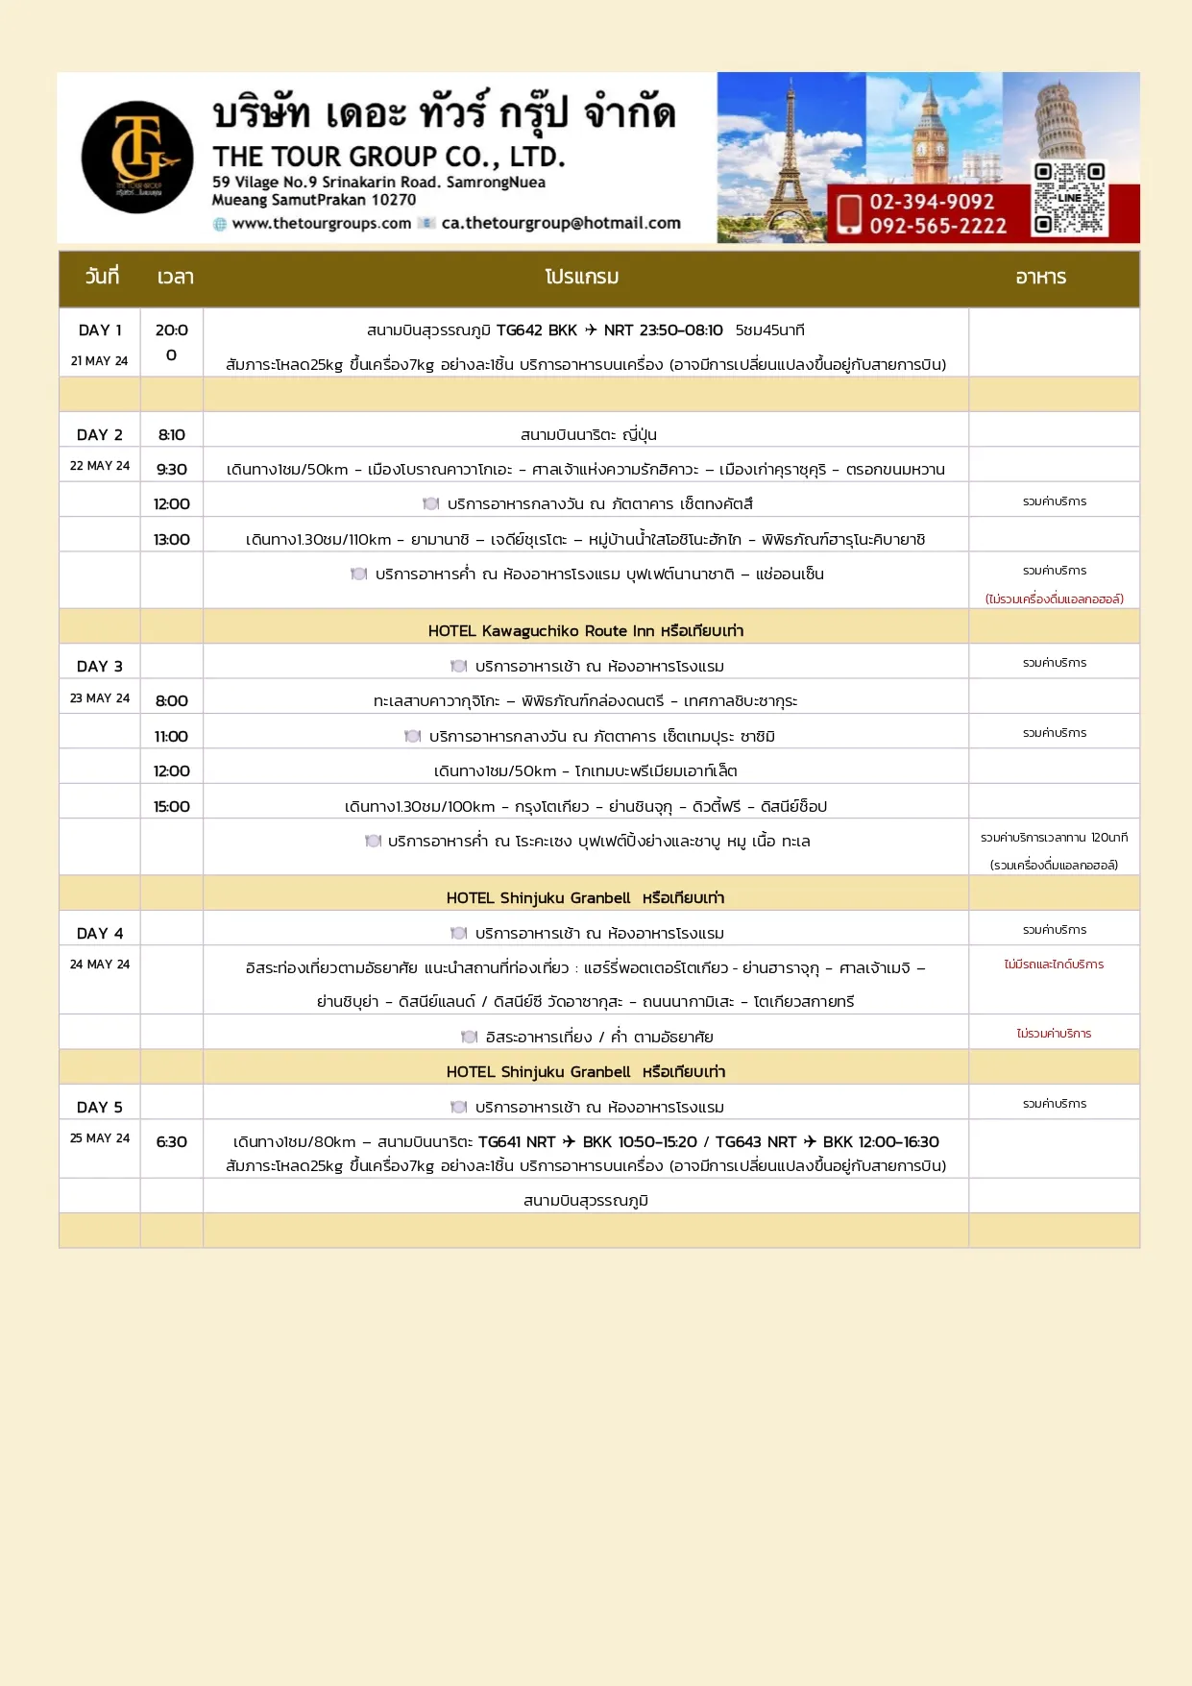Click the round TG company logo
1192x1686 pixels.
[137, 158]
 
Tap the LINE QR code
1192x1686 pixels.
[1069, 199]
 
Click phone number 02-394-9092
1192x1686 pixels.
[932, 202]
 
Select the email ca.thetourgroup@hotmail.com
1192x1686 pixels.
[561, 223]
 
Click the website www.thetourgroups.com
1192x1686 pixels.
[321, 223]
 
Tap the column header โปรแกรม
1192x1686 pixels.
[582, 278]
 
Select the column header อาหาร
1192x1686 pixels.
[1041, 278]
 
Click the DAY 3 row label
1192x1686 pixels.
[100, 667]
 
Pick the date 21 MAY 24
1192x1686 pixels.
[99, 361]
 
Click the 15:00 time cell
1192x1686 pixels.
[172, 807]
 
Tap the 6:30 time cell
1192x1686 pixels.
[172, 1142]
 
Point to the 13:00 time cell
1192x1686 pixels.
[172, 540]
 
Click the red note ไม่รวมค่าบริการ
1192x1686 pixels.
[1054, 1034]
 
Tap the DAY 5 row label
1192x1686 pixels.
[100, 1108]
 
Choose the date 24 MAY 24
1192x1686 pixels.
[99, 965]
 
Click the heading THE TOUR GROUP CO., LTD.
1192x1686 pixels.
[389, 157]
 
